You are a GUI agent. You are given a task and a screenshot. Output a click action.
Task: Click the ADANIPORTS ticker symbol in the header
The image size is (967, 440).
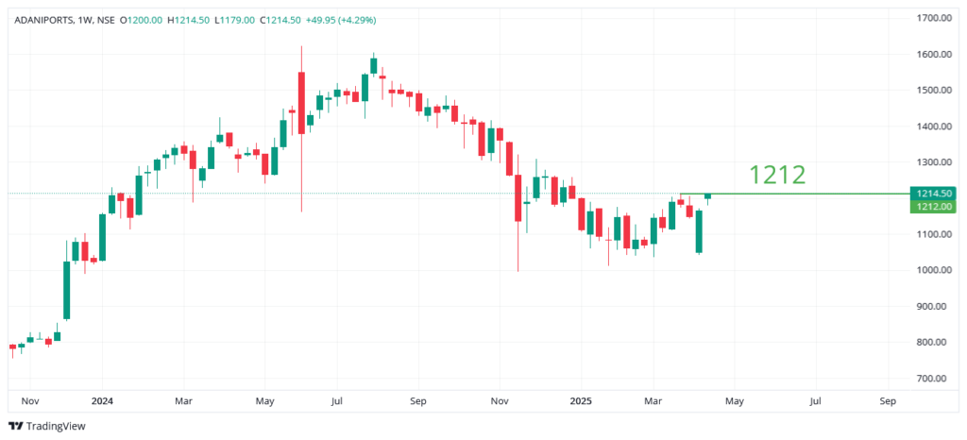[x=42, y=19]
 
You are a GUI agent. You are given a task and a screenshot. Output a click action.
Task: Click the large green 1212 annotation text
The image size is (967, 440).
[x=776, y=175]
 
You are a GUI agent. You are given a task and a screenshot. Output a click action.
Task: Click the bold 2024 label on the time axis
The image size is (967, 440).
[x=102, y=401]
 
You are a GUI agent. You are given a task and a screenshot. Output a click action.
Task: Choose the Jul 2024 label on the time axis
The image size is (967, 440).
[x=336, y=401]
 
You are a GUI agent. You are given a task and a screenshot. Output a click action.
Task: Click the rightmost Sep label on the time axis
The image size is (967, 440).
[x=888, y=401]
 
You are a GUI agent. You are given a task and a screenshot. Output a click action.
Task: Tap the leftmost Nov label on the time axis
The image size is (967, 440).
[x=29, y=401]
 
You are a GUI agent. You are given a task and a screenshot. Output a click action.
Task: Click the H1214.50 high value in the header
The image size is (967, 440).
[x=189, y=19]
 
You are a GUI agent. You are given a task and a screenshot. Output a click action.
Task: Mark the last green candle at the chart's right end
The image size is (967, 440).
[x=707, y=195]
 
